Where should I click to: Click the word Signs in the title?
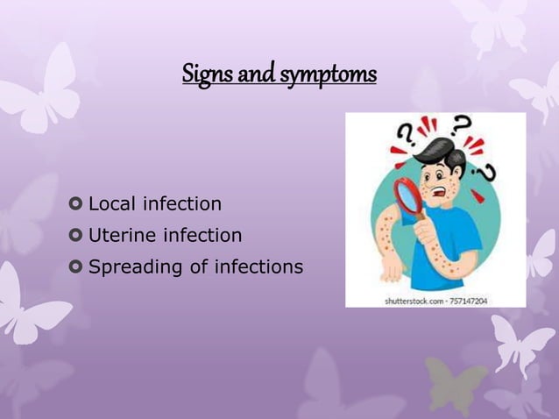tap(202, 75)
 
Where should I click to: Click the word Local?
tap(112, 204)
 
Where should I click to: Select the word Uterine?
tap(121, 235)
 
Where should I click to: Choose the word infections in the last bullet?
tap(261, 266)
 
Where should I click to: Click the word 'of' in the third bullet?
tap(197, 266)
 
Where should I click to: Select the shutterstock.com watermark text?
tap(412, 301)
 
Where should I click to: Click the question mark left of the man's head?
tap(406, 136)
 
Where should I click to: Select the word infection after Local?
tap(182, 204)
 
